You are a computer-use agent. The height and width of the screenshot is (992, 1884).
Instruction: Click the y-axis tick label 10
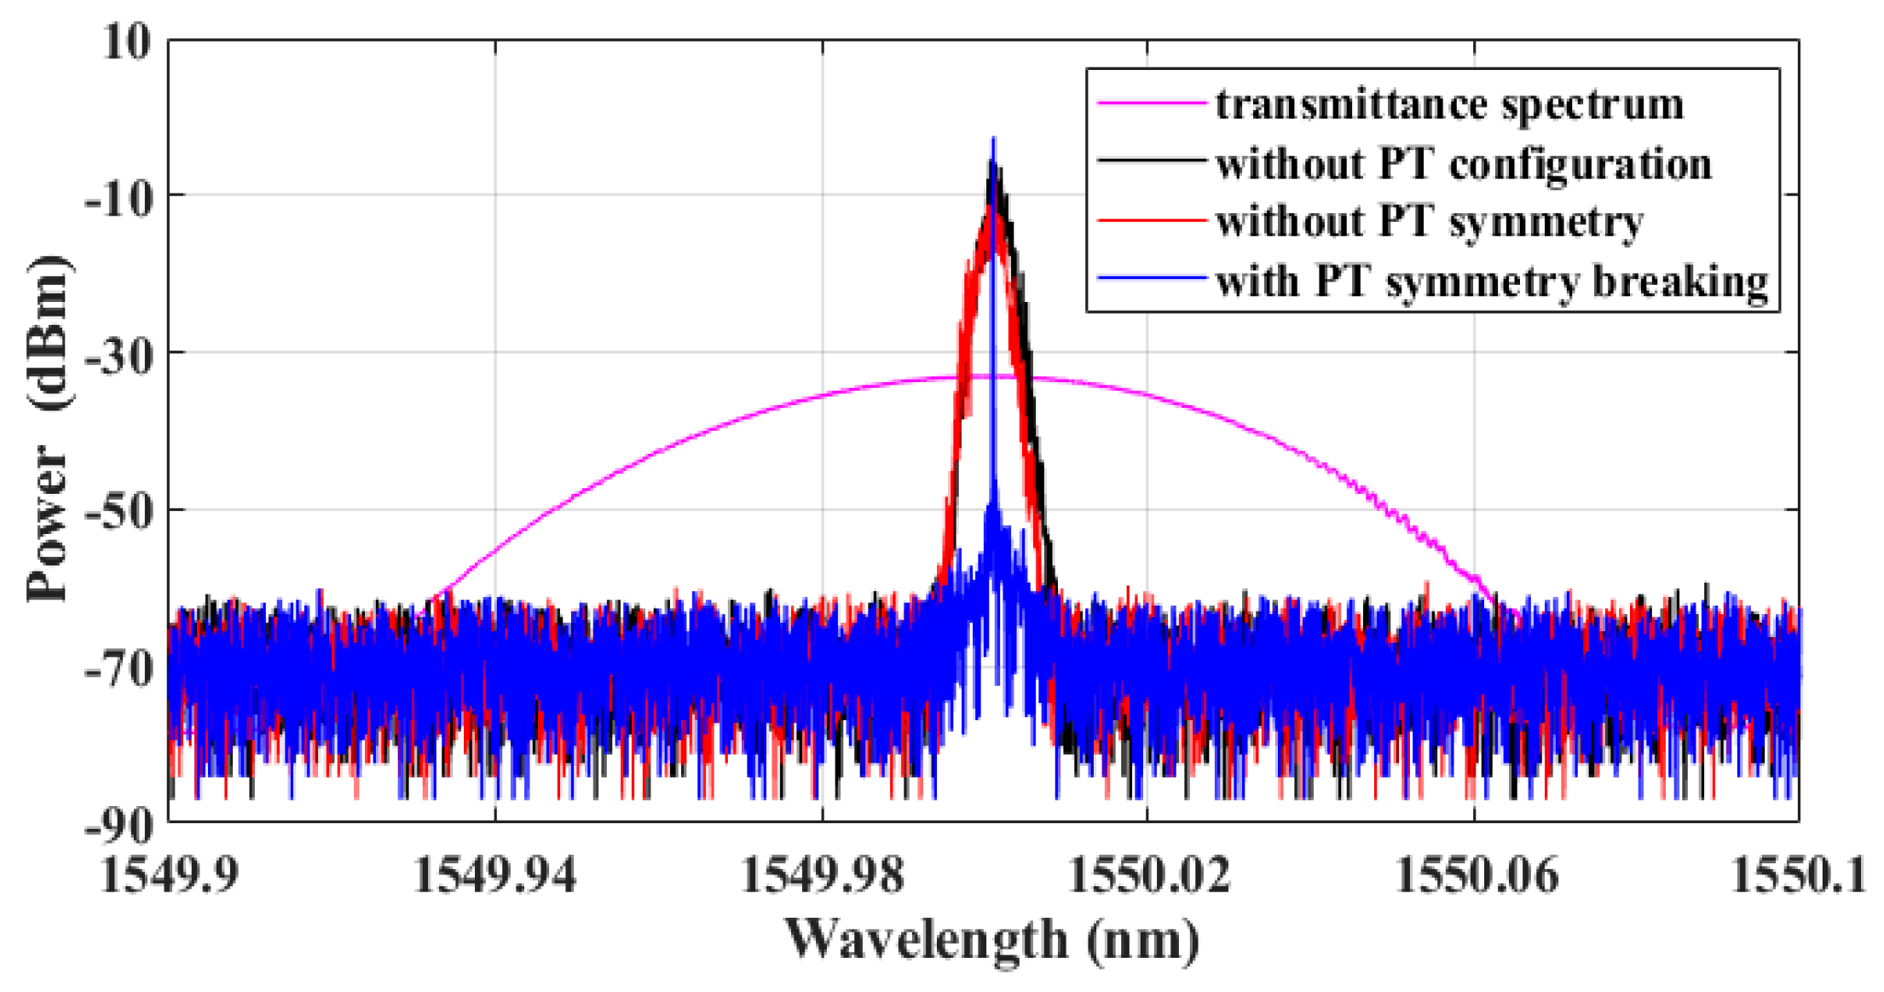coord(126,40)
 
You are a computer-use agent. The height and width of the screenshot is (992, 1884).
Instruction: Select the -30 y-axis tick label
coord(118,354)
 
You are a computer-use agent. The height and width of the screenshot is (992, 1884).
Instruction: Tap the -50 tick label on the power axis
coord(118,512)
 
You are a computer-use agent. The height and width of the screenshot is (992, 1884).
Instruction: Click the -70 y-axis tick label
coord(118,669)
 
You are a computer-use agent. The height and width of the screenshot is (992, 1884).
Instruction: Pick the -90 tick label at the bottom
coord(118,824)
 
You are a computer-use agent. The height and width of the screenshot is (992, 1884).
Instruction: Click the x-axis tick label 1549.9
coord(170,875)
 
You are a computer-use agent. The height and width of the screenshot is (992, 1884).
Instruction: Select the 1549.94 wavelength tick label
coord(495,875)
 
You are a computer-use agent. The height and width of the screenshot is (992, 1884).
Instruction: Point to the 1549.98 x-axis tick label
coord(822,875)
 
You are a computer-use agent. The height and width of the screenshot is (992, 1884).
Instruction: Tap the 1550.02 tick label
coord(1148,875)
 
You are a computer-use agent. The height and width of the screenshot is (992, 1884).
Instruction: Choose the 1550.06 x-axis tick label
coord(1476,875)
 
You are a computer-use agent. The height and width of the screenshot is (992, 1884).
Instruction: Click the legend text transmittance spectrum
coord(1449,104)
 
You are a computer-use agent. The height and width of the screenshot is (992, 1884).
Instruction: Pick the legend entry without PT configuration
coord(1463,163)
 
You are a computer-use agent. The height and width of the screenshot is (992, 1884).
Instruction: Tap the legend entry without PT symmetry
coord(1430,222)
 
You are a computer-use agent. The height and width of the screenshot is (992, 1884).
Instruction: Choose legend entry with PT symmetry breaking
coord(1492,281)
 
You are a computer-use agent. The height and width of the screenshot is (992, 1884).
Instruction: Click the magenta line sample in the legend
coord(1151,103)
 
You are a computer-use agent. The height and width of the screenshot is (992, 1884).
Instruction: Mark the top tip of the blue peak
coord(992,138)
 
